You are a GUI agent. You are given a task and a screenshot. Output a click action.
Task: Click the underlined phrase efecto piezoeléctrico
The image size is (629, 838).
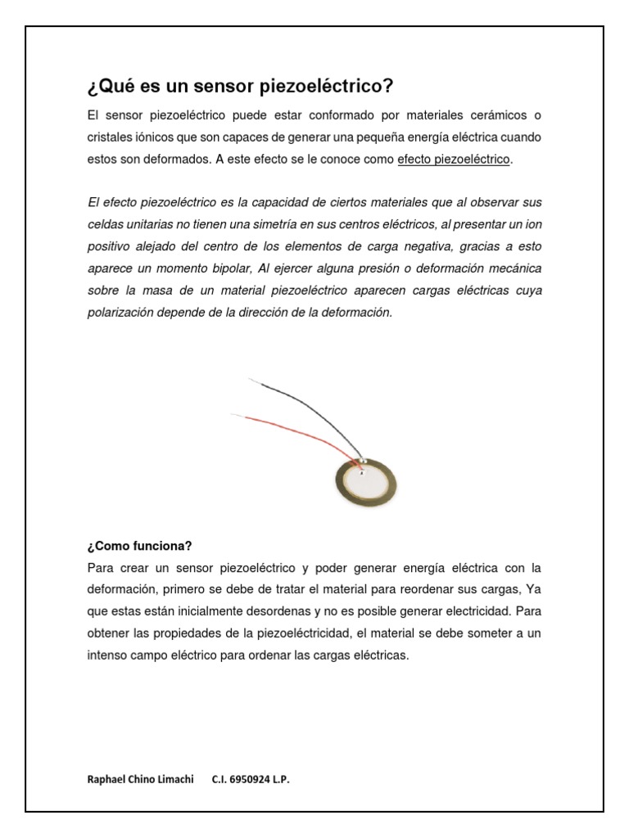click(x=454, y=159)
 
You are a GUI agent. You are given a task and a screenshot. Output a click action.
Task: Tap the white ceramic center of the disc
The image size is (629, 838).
click(x=369, y=484)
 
